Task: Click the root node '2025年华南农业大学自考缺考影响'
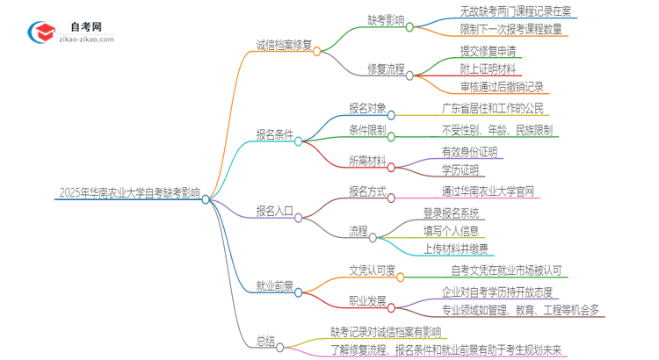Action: coord(129,194)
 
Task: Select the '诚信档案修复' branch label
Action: coord(284,46)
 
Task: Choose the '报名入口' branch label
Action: coord(275,211)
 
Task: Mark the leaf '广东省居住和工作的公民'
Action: coord(494,110)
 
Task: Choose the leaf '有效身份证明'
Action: coord(469,151)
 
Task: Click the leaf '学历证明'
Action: coord(460,169)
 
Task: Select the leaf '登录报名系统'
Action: coord(451,213)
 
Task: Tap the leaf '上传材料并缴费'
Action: coord(456,248)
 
